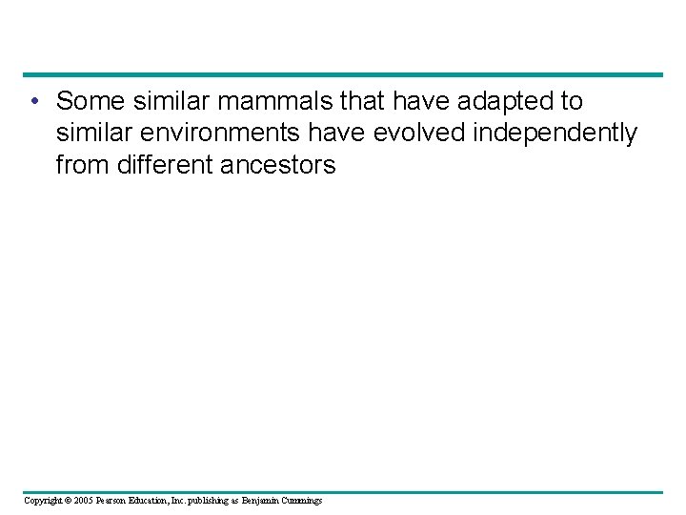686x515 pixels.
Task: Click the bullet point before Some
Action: [33, 101]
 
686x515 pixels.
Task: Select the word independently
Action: [555, 134]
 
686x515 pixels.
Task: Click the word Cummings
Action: [302, 500]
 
